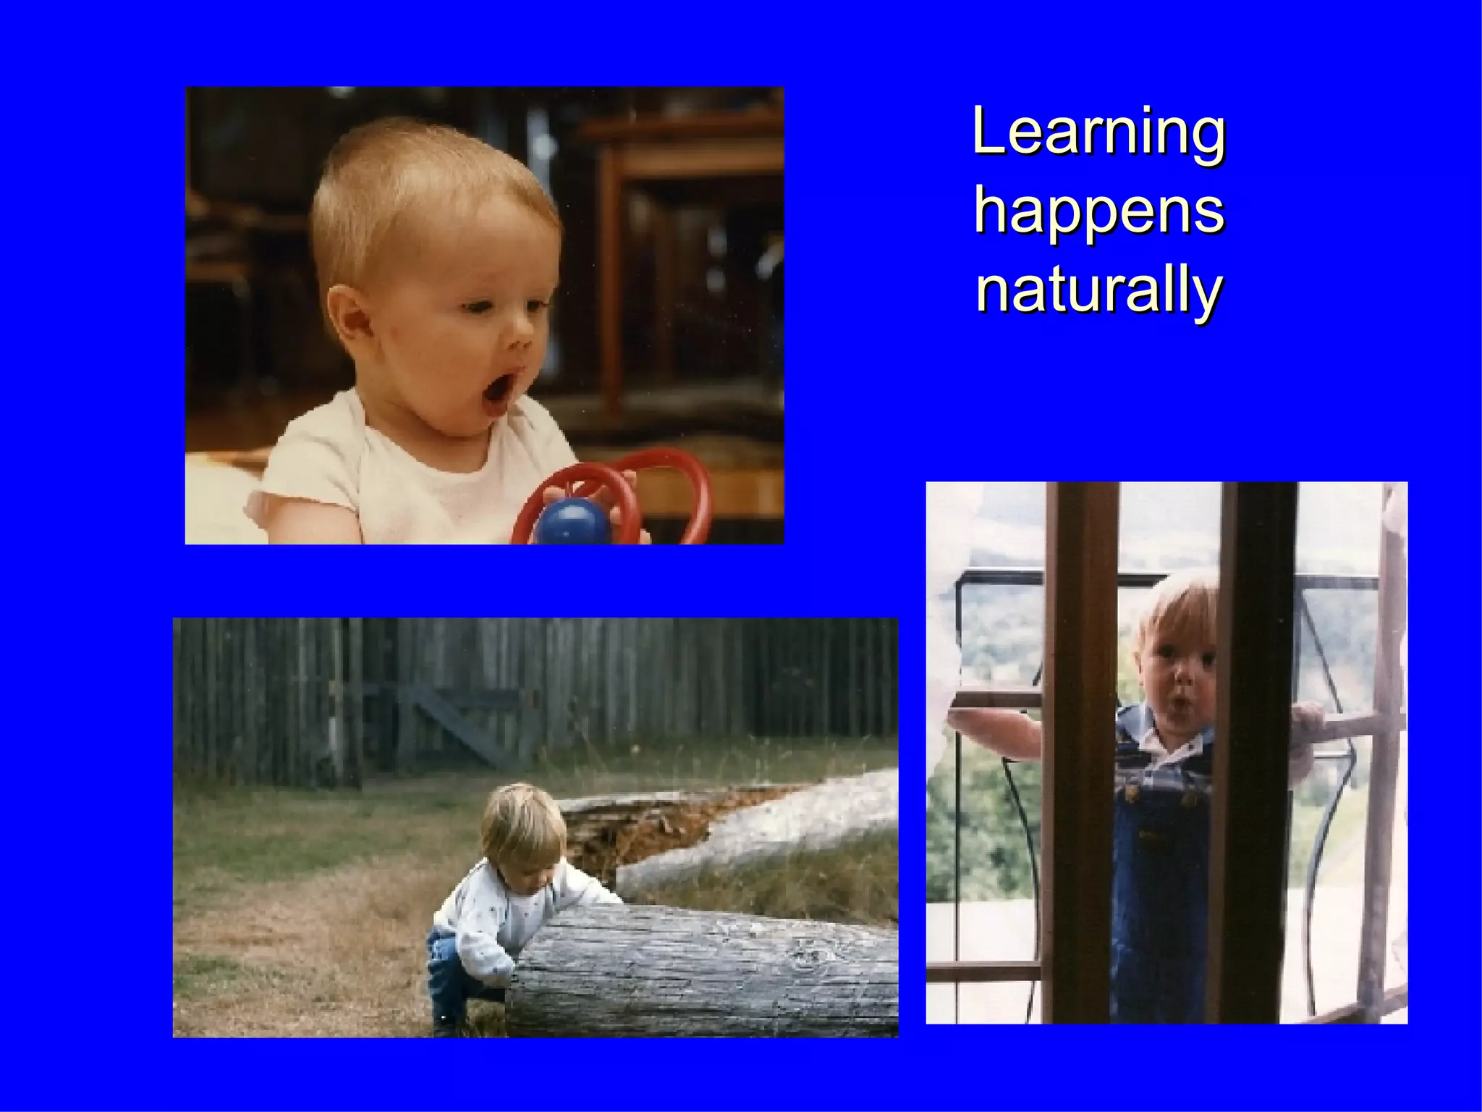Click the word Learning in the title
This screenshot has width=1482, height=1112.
1098,132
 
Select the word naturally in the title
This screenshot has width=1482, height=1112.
1098,291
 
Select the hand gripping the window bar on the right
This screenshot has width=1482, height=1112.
1308,720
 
